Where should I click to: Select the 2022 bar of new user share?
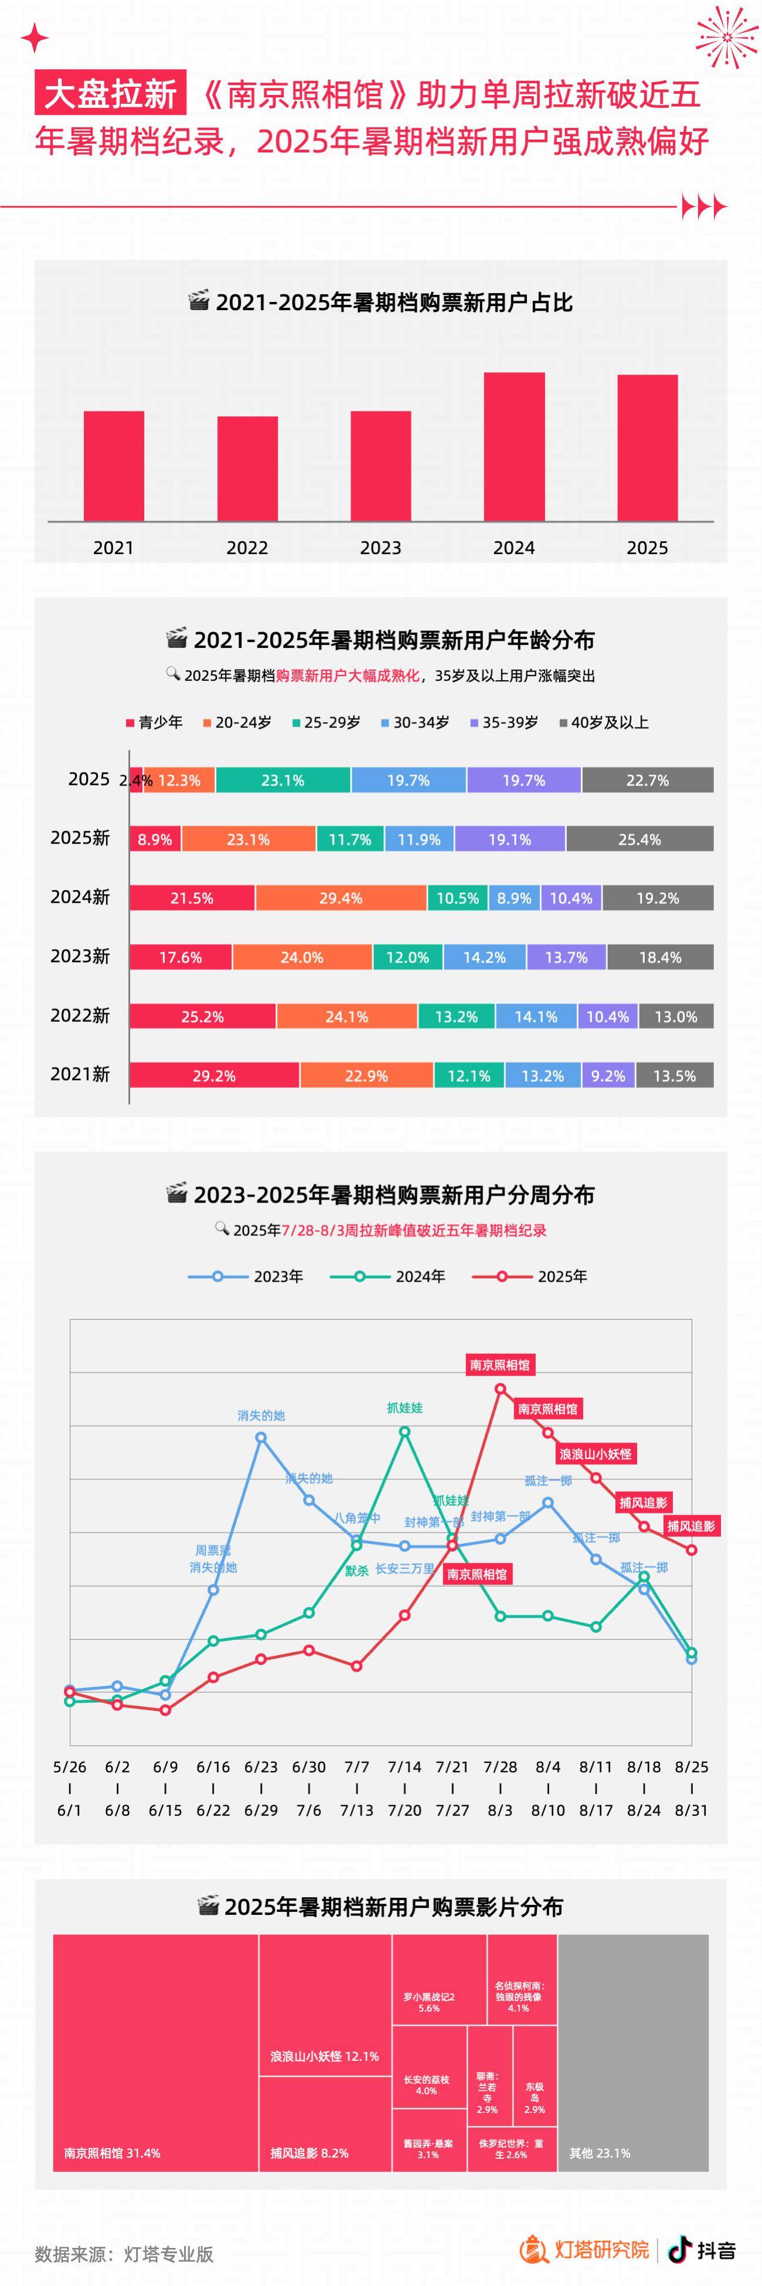[247, 468]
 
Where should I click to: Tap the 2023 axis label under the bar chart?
[380, 548]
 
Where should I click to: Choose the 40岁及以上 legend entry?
[604, 722]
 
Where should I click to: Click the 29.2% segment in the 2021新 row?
[214, 1075]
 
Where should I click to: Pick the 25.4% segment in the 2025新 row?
[639, 838]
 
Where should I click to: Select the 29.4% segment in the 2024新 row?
[341, 898]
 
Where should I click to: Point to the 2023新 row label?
[80, 956]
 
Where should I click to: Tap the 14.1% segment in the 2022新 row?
[536, 1016]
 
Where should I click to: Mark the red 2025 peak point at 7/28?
[501, 1389]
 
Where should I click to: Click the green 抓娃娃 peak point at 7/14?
[404, 1431]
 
